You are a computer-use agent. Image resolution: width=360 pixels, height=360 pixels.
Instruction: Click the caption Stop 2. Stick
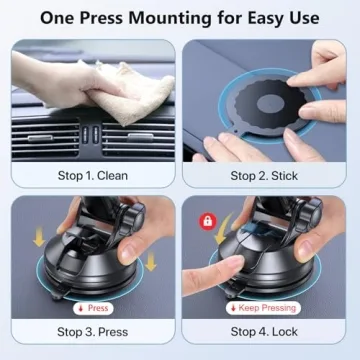coord(267,176)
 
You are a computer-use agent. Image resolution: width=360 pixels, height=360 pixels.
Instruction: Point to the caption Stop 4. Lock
coord(267,331)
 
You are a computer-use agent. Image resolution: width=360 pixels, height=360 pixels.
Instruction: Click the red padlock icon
coord(207,219)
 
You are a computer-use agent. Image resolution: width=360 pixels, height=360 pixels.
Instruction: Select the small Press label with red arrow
coord(94,308)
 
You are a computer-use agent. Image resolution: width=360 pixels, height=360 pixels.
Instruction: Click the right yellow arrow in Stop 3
coord(152,262)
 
